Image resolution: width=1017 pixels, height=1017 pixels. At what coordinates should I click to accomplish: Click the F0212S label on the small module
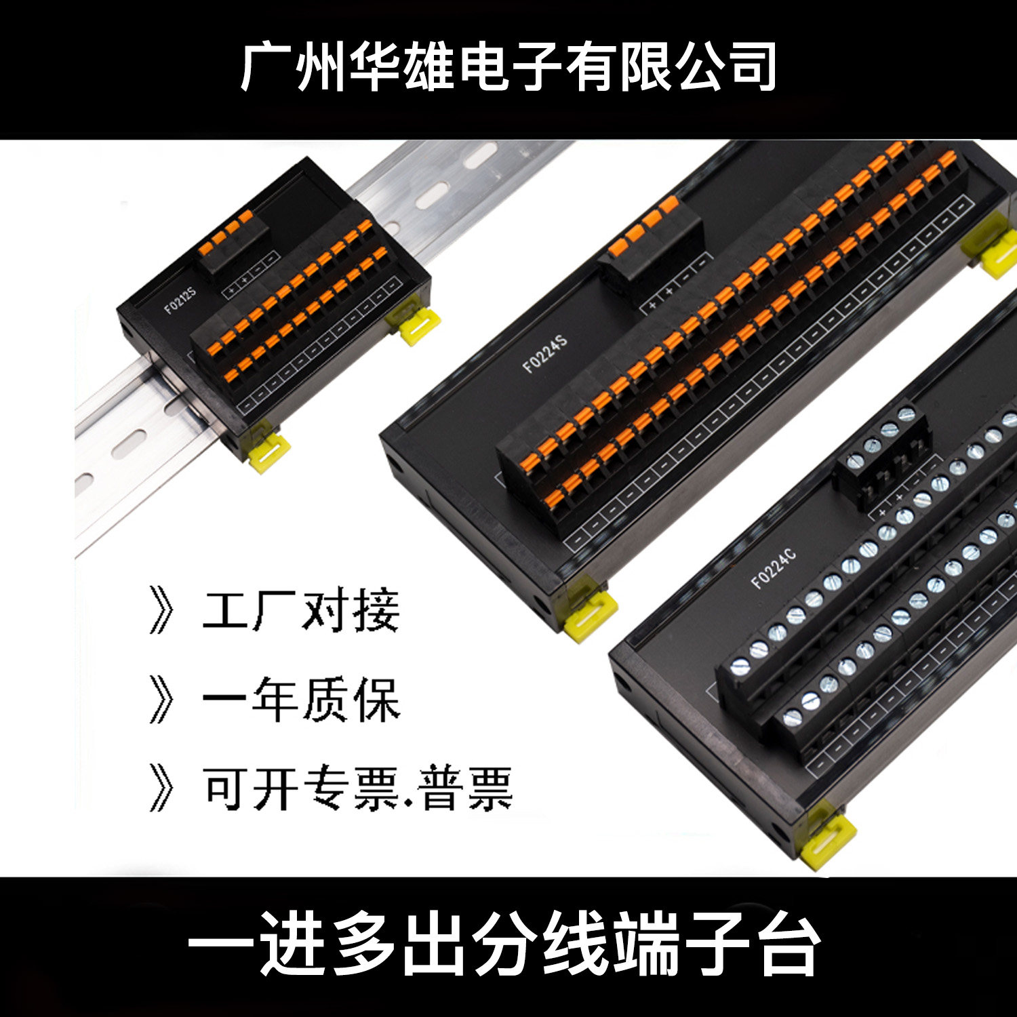click(x=180, y=300)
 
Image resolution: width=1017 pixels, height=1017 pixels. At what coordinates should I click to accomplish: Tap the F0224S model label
click(x=544, y=353)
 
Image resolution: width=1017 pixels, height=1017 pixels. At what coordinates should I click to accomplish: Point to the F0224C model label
click(x=774, y=568)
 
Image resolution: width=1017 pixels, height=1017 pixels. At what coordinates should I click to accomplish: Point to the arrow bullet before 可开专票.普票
click(x=161, y=789)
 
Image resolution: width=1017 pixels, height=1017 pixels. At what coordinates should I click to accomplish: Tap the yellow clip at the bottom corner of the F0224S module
click(x=587, y=614)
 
